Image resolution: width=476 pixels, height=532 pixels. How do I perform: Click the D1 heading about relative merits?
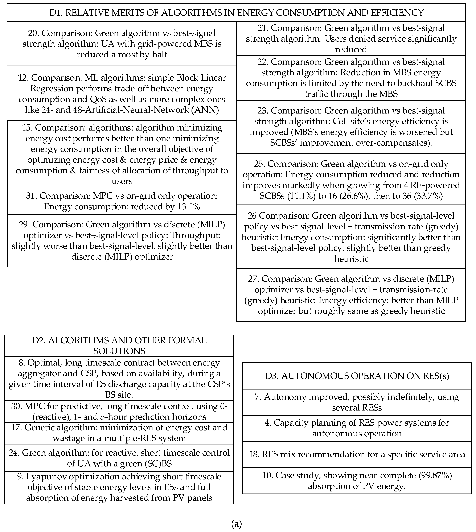(236, 13)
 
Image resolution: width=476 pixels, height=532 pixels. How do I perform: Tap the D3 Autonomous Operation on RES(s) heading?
(357, 376)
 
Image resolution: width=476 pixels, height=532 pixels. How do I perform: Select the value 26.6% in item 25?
(350, 196)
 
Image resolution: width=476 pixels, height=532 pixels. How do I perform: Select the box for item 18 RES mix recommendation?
(357, 454)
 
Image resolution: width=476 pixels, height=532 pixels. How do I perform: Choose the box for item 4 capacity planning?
(357, 428)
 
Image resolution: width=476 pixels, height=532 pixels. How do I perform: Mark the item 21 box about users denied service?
(351, 39)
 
